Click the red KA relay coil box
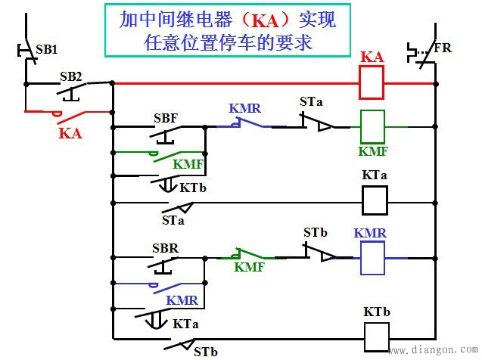[372, 82]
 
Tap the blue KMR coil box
[372, 257]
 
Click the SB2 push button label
[71, 76]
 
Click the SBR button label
[165, 248]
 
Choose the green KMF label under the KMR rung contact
[249, 266]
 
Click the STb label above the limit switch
[316, 233]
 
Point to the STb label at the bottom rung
[205, 351]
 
